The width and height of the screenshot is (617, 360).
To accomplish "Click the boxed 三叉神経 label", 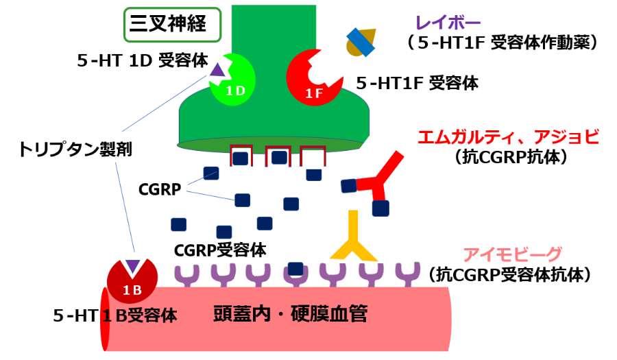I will (173, 25).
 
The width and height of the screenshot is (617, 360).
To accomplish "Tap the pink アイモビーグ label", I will (512, 254).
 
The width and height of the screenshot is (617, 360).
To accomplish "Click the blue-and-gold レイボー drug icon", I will (360, 41).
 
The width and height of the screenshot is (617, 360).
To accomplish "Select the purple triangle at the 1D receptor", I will (217, 69).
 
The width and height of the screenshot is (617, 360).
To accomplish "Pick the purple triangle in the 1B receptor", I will (132, 266).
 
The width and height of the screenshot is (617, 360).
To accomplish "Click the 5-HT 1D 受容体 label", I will (142, 60).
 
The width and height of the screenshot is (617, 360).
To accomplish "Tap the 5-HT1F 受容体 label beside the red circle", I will (417, 84).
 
